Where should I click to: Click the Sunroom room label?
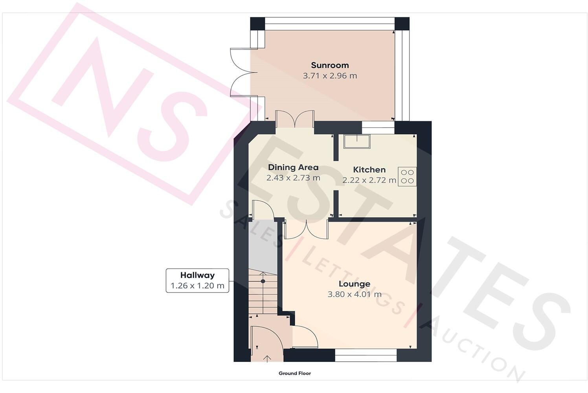(329, 65)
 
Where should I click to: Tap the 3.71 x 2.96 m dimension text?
(329, 76)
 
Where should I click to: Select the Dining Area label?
(293, 167)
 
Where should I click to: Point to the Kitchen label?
(369, 170)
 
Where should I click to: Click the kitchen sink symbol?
(356, 141)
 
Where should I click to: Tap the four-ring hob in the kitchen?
(407, 176)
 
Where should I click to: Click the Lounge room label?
(354, 284)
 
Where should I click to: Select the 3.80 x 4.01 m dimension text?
(354, 294)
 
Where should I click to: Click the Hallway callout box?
(197, 280)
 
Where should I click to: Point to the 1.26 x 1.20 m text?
(197, 286)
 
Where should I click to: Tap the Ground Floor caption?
(294, 373)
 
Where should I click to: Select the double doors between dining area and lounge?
(306, 229)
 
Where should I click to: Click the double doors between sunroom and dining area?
(294, 119)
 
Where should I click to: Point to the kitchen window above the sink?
(378, 125)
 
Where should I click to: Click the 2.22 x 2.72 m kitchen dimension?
(369, 180)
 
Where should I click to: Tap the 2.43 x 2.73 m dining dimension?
(293, 178)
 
